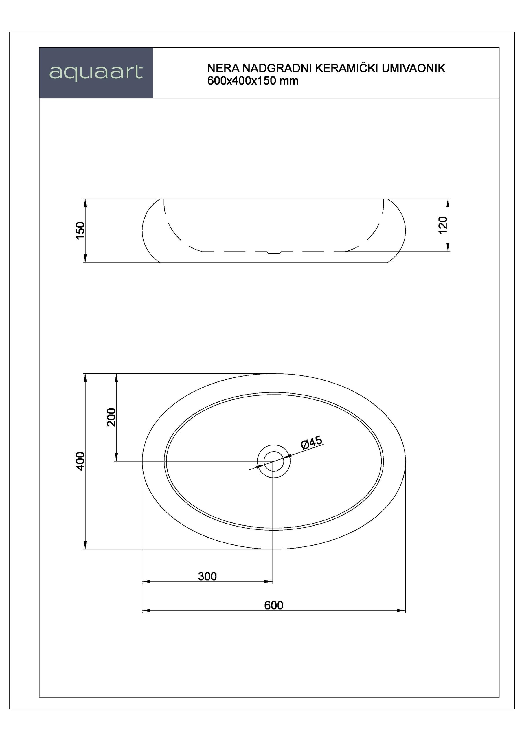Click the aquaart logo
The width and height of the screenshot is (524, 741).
pyautogui.click(x=96, y=73)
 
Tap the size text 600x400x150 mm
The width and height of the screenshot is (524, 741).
pyautogui.click(x=253, y=81)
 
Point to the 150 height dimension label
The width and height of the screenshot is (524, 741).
pyautogui.click(x=80, y=230)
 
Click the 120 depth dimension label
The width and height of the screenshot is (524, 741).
pyautogui.click(x=443, y=225)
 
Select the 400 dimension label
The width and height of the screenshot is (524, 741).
pyautogui.click(x=80, y=461)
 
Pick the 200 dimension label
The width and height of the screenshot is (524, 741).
pyautogui.click(x=111, y=417)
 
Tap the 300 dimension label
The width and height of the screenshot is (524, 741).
pyautogui.click(x=207, y=576)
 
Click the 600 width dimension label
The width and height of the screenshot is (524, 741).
pyautogui.click(x=274, y=605)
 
